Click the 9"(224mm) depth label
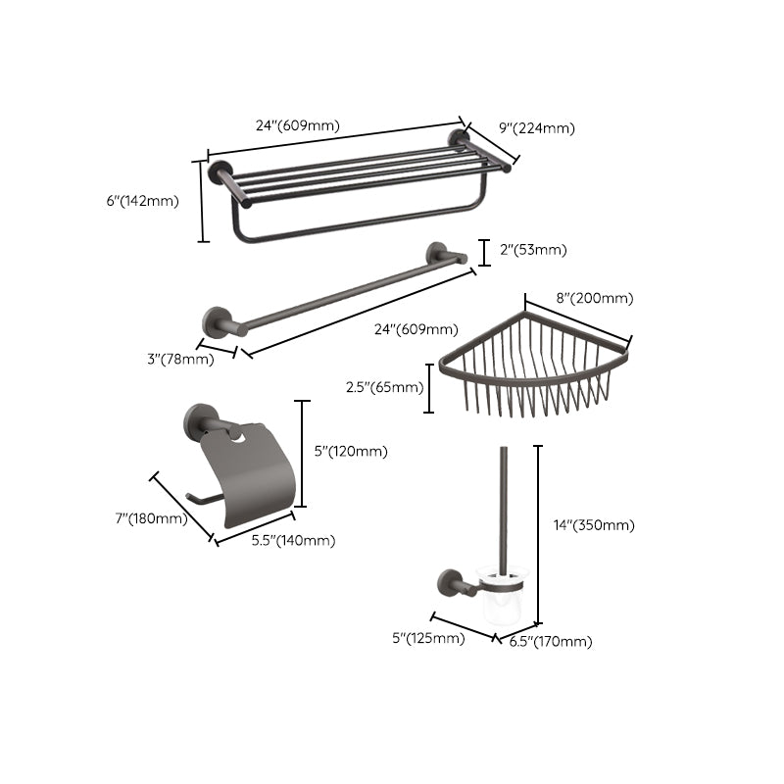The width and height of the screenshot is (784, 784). tap(536, 127)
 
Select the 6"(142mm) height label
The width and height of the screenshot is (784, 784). tap(142, 201)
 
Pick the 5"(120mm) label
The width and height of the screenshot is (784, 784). tap(350, 452)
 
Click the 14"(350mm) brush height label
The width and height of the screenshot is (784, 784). tap(594, 525)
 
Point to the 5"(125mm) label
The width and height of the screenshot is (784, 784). tap(428, 639)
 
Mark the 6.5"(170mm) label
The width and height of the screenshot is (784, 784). tap(550, 642)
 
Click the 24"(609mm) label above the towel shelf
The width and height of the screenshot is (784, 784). tap(297, 125)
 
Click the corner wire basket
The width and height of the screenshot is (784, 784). tap(534, 367)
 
